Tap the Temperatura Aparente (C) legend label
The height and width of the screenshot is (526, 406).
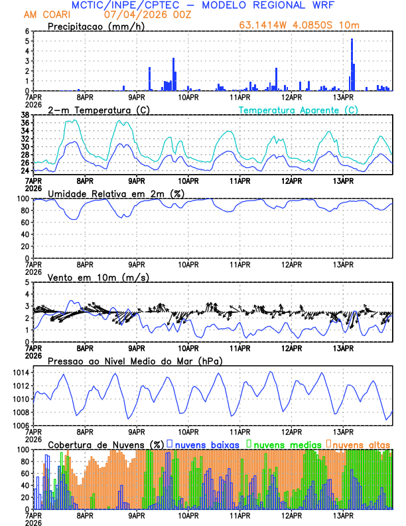298,110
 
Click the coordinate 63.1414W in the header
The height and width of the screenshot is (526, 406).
263,26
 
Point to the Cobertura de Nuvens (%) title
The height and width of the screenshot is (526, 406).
105,444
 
